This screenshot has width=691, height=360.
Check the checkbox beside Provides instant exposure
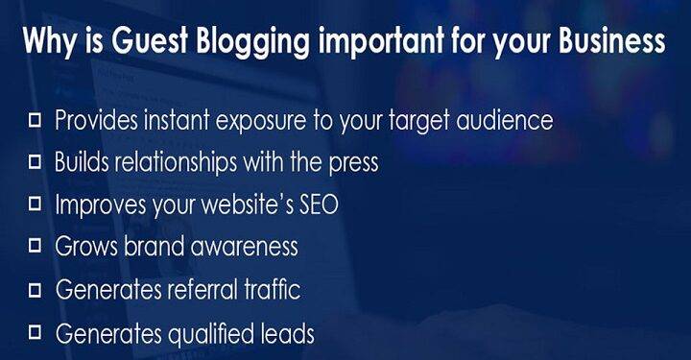[x=36, y=120]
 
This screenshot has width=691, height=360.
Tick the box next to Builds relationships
[x=36, y=161]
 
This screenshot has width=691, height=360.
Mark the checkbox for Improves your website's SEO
[x=36, y=203]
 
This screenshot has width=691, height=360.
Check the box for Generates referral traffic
[x=36, y=288]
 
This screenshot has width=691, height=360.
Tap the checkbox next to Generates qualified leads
[x=36, y=331]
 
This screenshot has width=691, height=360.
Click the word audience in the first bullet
[x=512, y=121]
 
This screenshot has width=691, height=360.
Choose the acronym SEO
[x=314, y=204]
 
